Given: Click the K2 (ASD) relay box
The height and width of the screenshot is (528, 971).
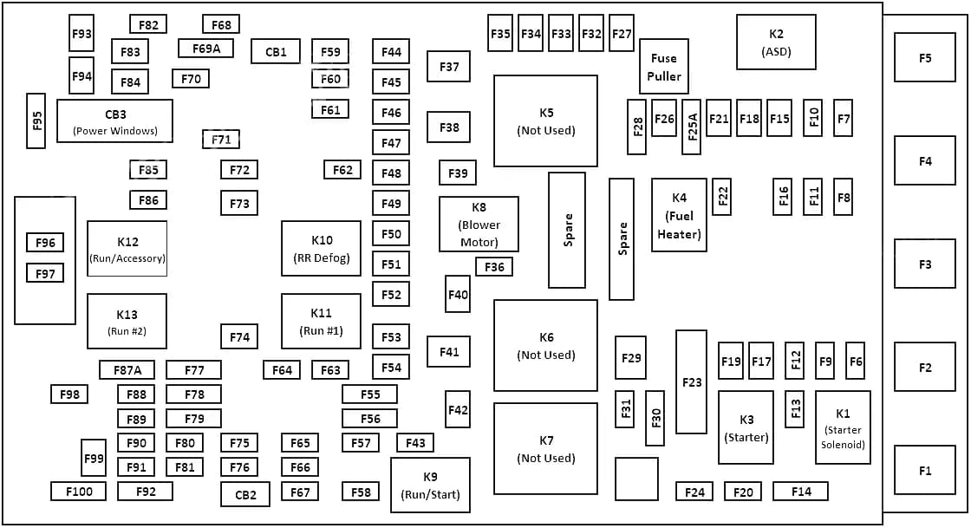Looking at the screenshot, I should coord(776,42).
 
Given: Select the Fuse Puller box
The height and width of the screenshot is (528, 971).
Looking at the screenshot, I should coord(664,66).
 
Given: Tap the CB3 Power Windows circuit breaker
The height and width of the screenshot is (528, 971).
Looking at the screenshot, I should coord(114,121).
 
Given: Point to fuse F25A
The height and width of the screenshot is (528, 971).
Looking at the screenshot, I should coord(691,127).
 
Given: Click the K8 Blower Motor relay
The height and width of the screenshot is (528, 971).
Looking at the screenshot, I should coord(479,224).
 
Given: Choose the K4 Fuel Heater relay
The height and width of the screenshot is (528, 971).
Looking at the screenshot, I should coord(679,215).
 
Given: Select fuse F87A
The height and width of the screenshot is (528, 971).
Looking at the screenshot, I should coord(127,370).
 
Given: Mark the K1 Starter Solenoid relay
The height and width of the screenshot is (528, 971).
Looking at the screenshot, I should coord(843,427).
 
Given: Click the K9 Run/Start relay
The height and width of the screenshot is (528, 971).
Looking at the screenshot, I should coord(430,486).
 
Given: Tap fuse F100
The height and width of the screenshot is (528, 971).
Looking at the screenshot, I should coord(78,492).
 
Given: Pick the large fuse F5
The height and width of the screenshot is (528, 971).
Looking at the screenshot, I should coord(925,58).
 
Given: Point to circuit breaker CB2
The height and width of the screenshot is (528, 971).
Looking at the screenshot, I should coord(245,494).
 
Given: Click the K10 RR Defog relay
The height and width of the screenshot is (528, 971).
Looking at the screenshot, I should coord(321,248).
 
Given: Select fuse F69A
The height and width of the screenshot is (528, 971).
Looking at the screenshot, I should coord(205,49).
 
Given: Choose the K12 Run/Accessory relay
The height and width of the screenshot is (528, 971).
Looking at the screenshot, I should coord(127,248).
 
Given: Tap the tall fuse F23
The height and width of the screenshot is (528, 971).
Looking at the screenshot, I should coord(691,381).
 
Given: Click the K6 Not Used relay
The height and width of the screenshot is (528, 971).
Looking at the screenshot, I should coord(545,345).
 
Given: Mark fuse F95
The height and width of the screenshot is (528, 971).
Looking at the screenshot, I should coord(36,121).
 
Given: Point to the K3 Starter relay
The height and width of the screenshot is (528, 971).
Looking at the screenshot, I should coord(746,427).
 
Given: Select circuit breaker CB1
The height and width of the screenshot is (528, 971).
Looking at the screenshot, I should coord(276,52).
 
